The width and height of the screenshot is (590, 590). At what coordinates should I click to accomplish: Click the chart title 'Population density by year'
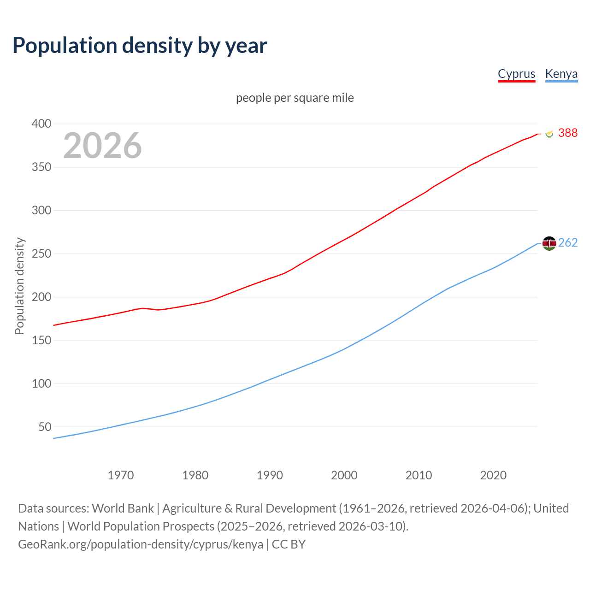pos(140,46)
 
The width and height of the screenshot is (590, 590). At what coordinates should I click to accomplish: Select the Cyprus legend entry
pos(516,74)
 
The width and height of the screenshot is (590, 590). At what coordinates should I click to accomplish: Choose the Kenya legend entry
pos(561,74)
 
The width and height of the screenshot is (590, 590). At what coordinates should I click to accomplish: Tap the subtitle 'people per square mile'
pos(295,98)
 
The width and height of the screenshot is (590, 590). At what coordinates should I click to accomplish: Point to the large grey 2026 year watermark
pos(102,146)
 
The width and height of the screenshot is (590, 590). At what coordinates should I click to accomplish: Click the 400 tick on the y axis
pos(41,124)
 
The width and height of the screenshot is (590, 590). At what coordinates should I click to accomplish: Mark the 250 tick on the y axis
pos(41,254)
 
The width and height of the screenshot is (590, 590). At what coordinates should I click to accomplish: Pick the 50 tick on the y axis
pos(45,427)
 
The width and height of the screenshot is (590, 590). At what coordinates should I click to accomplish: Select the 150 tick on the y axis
pos(41,340)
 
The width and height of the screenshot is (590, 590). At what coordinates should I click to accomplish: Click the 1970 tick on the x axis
pos(121,475)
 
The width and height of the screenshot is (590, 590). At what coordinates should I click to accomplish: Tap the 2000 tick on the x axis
pos(344,475)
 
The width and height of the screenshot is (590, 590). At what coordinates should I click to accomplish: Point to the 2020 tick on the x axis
pos(493,475)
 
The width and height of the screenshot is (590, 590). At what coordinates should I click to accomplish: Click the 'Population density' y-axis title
pos(19,286)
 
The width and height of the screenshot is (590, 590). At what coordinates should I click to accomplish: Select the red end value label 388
pos(567,133)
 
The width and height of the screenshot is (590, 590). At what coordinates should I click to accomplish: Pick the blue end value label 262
pos(567,242)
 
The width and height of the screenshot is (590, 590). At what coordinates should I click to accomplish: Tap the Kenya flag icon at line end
pos(549,243)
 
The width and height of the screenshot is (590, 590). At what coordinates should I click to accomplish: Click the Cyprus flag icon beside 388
pos(549,133)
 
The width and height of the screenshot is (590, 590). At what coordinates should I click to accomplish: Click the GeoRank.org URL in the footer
pos(141,544)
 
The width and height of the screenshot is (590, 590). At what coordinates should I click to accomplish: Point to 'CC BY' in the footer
pos(289,544)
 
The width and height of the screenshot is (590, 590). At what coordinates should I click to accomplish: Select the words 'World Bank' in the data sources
pos(123,508)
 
